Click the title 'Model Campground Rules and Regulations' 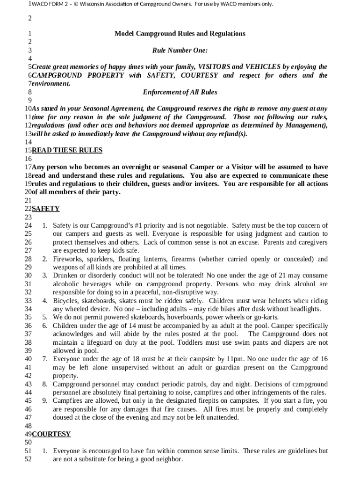pyautogui.click(x=180, y=34)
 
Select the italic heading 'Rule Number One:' pyautogui.click(x=180, y=51)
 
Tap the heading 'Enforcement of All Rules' pyautogui.click(x=180, y=92)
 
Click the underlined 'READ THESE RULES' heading pyautogui.click(x=67, y=150)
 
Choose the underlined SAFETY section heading pyautogui.click(x=45, y=209)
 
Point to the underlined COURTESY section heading pyautogui.click(x=51, y=434)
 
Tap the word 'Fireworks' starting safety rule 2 pyautogui.click(x=67, y=259)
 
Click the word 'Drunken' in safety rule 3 pyautogui.click(x=65, y=276)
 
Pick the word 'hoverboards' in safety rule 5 pyautogui.click(x=173, y=317)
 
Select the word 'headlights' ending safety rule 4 pyautogui.click(x=304, y=309)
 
